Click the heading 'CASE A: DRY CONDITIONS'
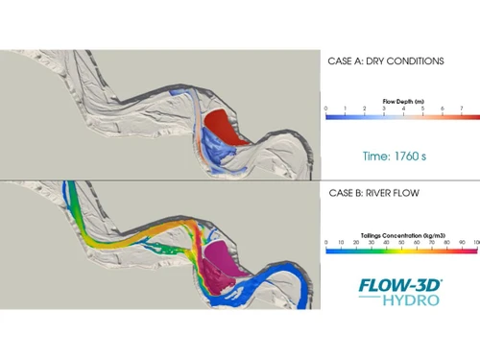click(x=385, y=60)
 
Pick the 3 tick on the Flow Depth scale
click(x=384, y=108)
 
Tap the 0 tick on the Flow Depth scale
click(x=327, y=108)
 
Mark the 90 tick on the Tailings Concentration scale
click(x=463, y=242)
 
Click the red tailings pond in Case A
click(x=231, y=126)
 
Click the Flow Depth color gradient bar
click(x=401, y=118)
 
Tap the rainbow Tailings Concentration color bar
click(x=401, y=252)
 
